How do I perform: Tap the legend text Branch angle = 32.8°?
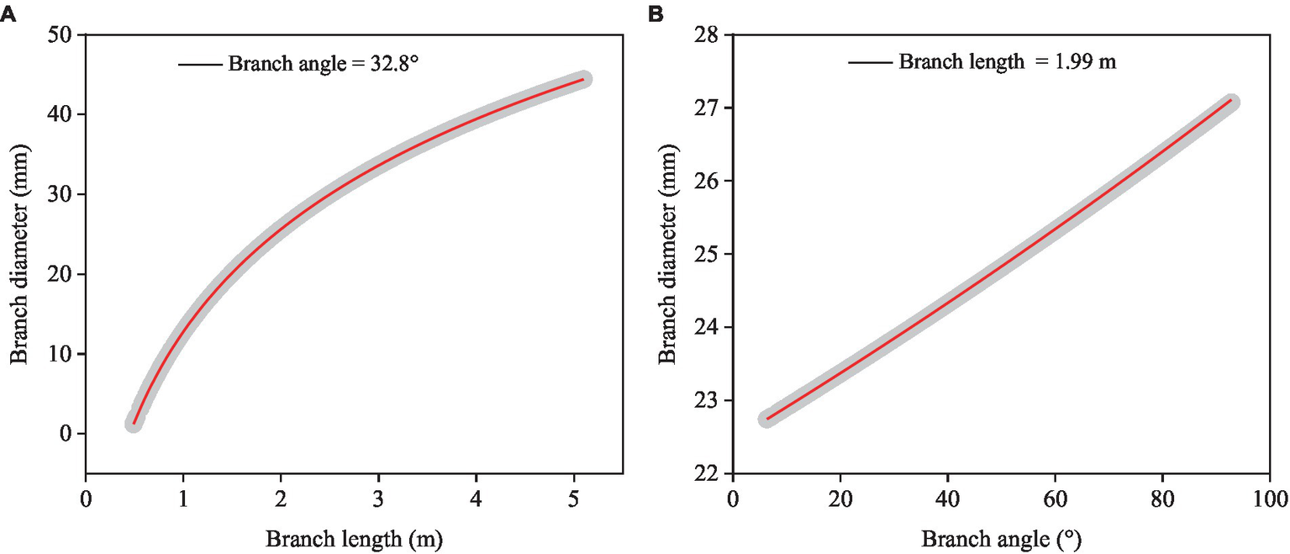click(324, 64)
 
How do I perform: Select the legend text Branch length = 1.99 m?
click(1008, 61)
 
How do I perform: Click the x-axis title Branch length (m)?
click(353, 538)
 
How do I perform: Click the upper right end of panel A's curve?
click(584, 79)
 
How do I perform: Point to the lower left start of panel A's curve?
click(134, 424)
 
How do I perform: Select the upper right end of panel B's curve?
click(1232, 101)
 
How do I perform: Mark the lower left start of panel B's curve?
click(767, 419)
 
